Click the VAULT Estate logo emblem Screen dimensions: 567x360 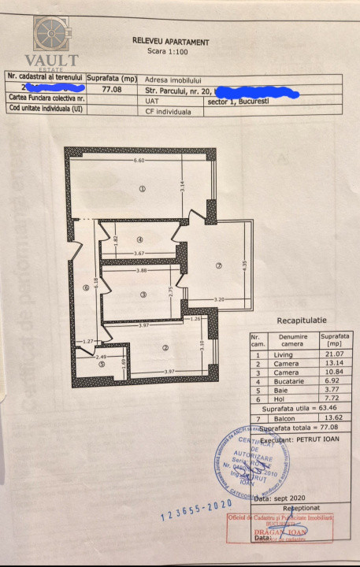(55, 35)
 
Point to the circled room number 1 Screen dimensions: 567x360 (142, 189)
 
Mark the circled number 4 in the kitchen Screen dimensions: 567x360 (139, 240)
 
